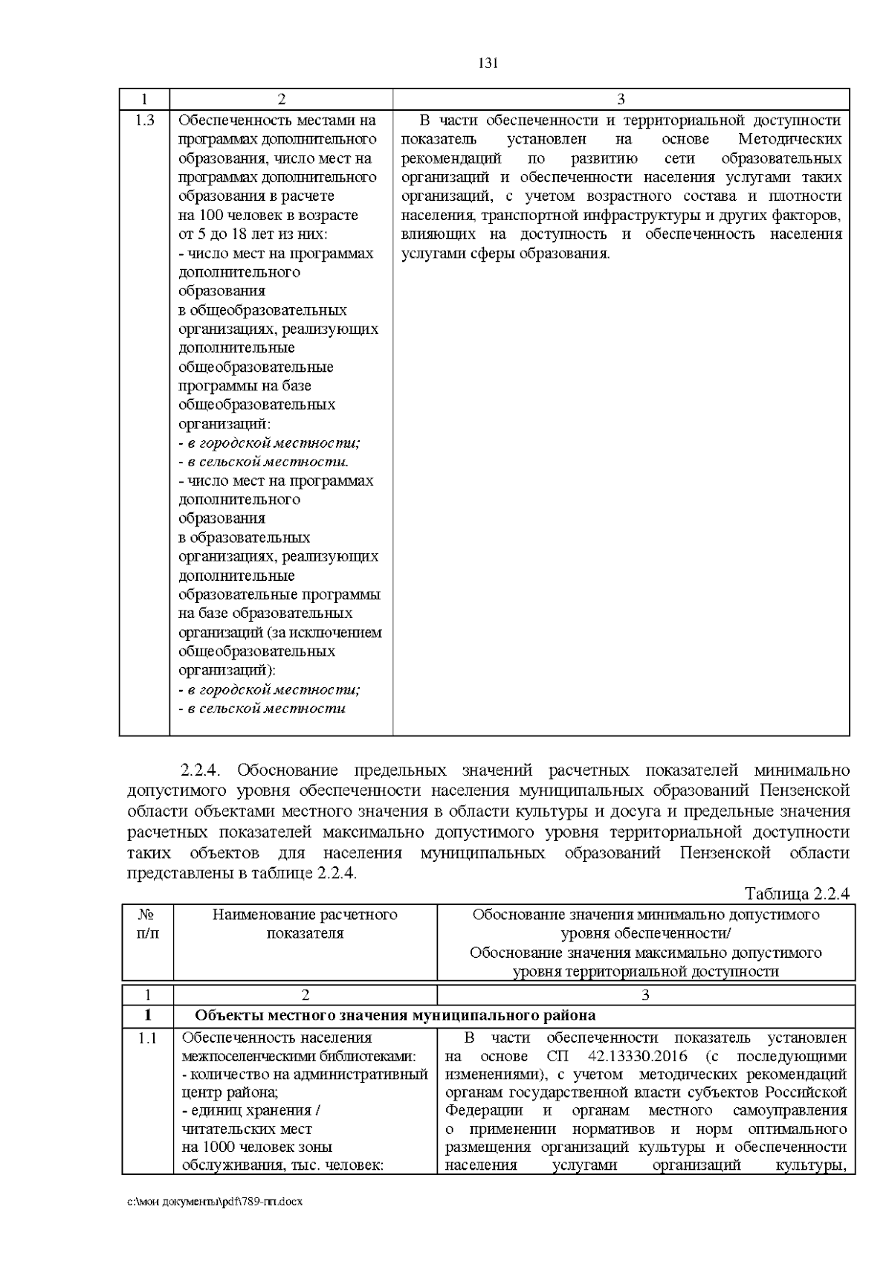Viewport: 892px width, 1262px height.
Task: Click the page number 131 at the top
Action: pyautogui.click(x=487, y=63)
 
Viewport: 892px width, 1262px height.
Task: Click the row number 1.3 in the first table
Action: pyautogui.click(x=145, y=120)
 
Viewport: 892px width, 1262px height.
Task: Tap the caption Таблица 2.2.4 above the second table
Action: pyautogui.click(x=796, y=893)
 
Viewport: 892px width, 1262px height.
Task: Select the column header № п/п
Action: pyautogui.click(x=148, y=924)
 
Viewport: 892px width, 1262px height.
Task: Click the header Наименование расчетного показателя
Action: pyautogui.click(x=305, y=924)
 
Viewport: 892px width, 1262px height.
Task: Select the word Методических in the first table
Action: pyautogui.click(x=790, y=139)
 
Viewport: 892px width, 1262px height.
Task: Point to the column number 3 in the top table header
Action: pyautogui.click(x=621, y=100)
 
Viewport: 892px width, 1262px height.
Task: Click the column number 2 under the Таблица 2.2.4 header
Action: pyautogui.click(x=305, y=995)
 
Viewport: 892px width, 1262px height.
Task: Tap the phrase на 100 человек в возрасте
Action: pyautogui.click(x=268, y=216)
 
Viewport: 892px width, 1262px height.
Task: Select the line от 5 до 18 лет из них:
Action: pyautogui.click(x=253, y=234)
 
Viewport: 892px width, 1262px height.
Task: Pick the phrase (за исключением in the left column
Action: pyautogui.click(x=332, y=633)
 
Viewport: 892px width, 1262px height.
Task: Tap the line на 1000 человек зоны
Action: pyautogui.click(x=256, y=1147)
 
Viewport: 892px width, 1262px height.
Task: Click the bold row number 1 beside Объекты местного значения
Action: pyautogui.click(x=148, y=1015)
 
